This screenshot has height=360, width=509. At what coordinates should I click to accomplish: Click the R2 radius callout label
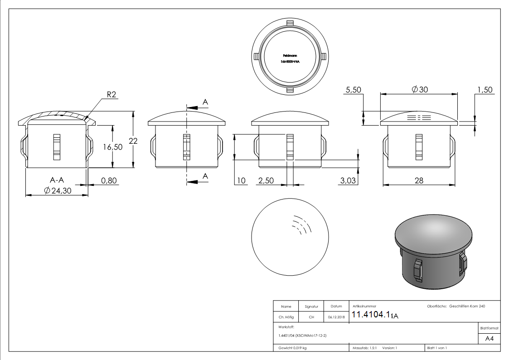tap(112, 94)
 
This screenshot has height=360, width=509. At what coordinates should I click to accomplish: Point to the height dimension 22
tap(133, 141)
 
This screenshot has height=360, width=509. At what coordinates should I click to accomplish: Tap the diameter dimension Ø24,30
tap(58, 191)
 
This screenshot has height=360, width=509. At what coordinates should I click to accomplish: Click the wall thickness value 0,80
tap(109, 180)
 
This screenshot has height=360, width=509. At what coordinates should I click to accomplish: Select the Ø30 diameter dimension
tap(420, 90)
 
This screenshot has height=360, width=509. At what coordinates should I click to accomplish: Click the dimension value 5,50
tap(353, 90)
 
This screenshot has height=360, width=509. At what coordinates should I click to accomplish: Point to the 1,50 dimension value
tap(484, 90)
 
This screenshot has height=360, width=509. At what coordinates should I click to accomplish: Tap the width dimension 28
tap(419, 180)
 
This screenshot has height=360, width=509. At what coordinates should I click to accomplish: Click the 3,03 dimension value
tap(348, 180)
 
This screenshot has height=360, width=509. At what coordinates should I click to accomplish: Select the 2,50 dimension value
tap(266, 180)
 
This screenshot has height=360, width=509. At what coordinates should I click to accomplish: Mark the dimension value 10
tap(241, 180)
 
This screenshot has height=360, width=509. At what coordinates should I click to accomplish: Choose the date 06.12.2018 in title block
tap(336, 317)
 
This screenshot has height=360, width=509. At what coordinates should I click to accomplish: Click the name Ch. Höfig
tap(286, 317)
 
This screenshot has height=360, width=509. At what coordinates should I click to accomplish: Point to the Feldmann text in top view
tap(290, 56)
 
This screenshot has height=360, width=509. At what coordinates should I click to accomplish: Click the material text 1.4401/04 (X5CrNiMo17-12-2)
tap(302, 335)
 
